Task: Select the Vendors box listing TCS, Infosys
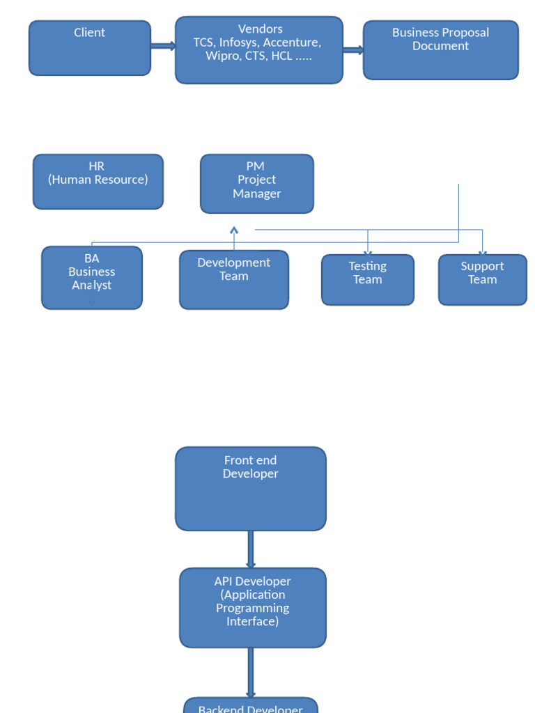[x=258, y=50]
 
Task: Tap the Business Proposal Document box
[x=440, y=49]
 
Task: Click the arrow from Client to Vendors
[x=163, y=47]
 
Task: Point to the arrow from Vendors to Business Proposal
[x=353, y=50]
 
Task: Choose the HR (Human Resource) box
[x=98, y=181]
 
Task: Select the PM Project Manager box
[x=256, y=183]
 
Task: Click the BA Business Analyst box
[x=91, y=277]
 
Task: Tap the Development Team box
[x=233, y=279]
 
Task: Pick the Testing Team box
[x=367, y=279]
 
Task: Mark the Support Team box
[x=482, y=279]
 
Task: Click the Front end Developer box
[x=250, y=488]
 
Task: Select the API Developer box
[x=252, y=607]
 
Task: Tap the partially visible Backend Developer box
[x=250, y=706]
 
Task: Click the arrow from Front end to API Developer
[x=250, y=549]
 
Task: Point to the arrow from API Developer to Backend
[x=250, y=673]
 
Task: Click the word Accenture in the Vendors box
[x=292, y=42]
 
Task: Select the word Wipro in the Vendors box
[x=222, y=56]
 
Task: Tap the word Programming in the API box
[x=252, y=608]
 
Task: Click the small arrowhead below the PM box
[x=234, y=230]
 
